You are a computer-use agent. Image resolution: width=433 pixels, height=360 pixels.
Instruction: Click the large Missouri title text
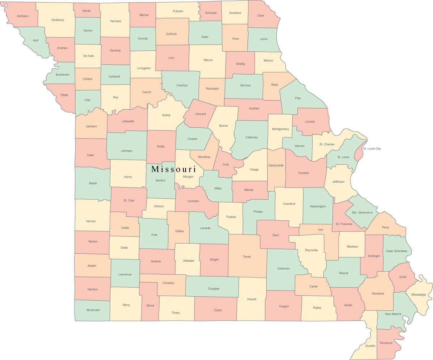174,169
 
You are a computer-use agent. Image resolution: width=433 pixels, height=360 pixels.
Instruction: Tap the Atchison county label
22,16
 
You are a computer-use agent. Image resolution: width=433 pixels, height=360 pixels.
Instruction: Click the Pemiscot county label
386,343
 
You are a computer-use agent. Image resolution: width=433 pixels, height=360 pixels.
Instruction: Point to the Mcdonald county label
93,310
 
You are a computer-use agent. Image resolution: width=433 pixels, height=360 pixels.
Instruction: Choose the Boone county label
224,126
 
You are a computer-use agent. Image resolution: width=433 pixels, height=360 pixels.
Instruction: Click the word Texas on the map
247,257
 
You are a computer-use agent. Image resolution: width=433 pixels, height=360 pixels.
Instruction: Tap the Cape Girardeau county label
396,251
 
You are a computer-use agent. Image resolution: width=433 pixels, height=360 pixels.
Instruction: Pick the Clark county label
260,16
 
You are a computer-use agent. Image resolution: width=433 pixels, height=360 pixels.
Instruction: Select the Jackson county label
91,126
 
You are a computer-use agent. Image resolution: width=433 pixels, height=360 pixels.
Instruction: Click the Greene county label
156,261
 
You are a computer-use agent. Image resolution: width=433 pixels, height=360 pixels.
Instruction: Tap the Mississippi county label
419,295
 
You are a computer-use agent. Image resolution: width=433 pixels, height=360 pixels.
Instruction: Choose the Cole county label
226,164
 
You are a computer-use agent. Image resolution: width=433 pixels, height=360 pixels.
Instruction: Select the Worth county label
86,11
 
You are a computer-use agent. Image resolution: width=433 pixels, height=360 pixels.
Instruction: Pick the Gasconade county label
276,165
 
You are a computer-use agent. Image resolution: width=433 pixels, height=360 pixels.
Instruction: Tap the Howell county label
252,299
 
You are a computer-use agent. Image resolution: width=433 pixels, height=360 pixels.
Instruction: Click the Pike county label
298,98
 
